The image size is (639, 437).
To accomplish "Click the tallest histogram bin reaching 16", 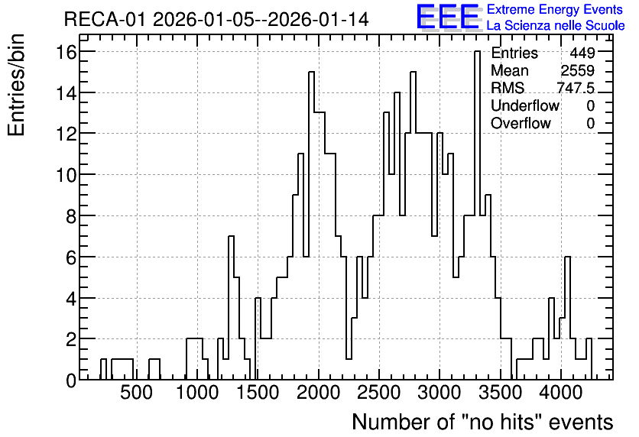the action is click(x=477, y=215).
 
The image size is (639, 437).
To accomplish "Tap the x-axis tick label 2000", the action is click(x=318, y=393).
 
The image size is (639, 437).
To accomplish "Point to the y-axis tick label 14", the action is click(x=66, y=92).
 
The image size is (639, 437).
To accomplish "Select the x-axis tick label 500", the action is click(x=137, y=393).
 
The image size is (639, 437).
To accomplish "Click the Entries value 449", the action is click(x=582, y=53).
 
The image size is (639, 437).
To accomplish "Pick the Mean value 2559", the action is click(x=577, y=70).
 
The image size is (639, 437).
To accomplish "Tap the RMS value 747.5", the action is click(x=576, y=88).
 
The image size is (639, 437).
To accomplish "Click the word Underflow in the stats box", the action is click(x=525, y=105).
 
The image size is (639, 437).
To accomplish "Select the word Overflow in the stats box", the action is click(x=521, y=123).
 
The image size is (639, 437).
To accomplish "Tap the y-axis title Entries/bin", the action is click(x=17, y=85).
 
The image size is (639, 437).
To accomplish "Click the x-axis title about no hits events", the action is click(x=482, y=422).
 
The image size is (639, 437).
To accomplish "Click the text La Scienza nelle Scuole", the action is click(x=556, y=26).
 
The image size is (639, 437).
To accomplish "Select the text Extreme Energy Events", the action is click(x=555, y=9).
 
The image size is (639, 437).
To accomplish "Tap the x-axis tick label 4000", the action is click(x=561, y=393).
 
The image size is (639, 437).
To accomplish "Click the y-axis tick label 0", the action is click(x=71, y=380).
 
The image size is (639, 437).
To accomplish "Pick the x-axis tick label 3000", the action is click(x=440, y=393).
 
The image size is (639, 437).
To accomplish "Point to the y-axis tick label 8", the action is click(x=71, y=215).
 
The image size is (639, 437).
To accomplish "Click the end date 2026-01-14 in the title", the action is click(x=318, y=19).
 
